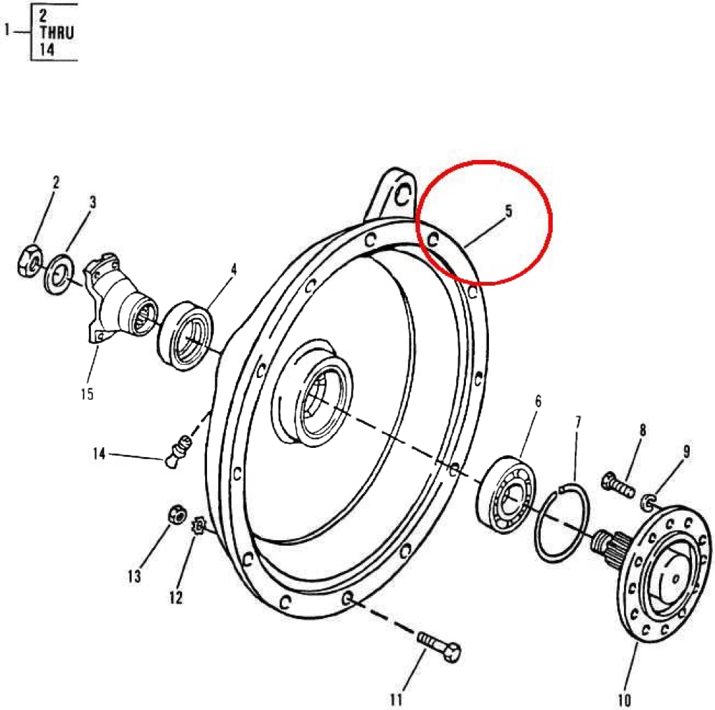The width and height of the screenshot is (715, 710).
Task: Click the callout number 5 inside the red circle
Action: [509, 210]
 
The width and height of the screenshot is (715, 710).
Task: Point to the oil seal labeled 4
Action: [185, 334]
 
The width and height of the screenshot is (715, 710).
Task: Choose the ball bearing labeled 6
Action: [504, 493]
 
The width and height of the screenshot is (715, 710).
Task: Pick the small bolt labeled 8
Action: [616, 483]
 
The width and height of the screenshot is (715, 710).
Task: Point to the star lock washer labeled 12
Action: [197, 525]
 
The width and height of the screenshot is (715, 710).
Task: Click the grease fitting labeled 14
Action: [179, 451]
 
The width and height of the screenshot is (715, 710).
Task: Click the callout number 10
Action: [624, 698]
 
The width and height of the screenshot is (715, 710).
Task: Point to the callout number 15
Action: [86, 394]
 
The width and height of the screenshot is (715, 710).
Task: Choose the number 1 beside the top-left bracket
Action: [8, 31]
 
